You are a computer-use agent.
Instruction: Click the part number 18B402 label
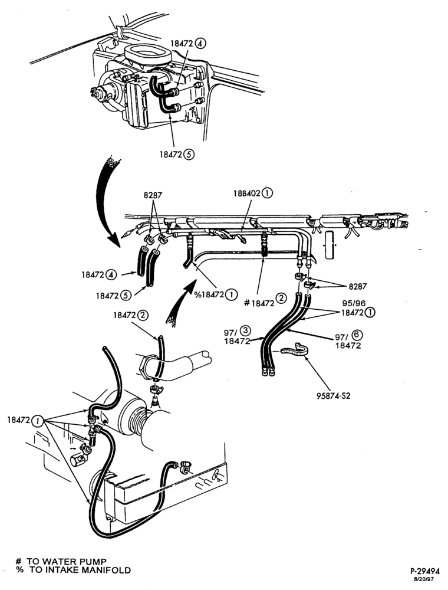pyautogui.click(x=247, y=194)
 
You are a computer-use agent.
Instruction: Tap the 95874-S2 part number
pyautogui.click(x=334, y=395)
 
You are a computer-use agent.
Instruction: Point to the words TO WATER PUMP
pyautogui.click(x=66, y=562)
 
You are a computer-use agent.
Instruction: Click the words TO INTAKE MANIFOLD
pyautogui.click(x=80, y=571)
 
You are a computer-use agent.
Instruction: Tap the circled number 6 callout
pyautogui.click(x=358, y=335)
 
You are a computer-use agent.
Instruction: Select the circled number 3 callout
pyautogui.click(x=245, y=331)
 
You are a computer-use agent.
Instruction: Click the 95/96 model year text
pyautogui.click(x=354, y=303)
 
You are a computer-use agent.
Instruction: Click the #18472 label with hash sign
pyautogui.click(x=259, y=303)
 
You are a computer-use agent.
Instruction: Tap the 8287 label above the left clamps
pyautogui.click(x=153, y=195)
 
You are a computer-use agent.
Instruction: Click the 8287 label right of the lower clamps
pyautogui.click(x=358, y=286)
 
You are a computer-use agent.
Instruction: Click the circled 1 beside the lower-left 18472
pyautogui.click(x=38, y=421)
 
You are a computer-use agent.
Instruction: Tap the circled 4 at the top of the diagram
pyautogui.click(x=200, y=43)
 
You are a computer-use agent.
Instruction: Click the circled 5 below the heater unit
pyautogui.click(x=189, y=154)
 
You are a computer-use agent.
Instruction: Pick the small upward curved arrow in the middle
pyautogui.click(x=180, y=301)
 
